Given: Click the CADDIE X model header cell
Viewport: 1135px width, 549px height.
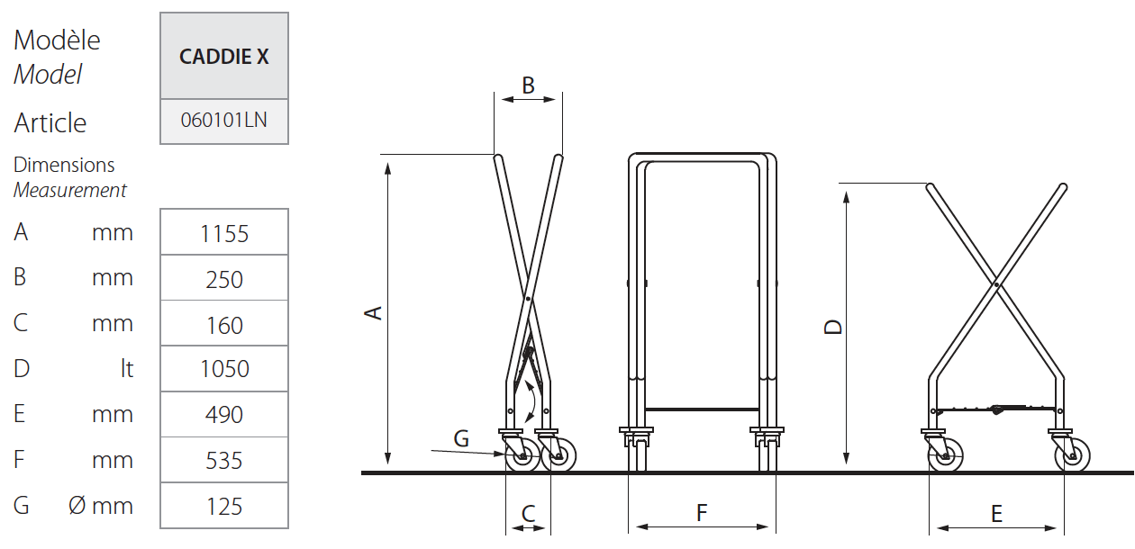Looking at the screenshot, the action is tap(224, 56).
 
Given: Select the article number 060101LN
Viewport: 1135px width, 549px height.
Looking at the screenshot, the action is tap(224, 120).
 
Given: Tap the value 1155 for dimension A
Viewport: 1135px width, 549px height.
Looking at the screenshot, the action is tap(224, 233).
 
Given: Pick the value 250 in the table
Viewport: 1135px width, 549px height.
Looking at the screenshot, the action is tap(224, 279).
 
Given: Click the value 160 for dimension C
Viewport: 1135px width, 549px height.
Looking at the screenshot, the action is tap(224, 325).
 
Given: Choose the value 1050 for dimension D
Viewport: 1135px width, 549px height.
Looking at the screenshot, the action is tap(224, 369).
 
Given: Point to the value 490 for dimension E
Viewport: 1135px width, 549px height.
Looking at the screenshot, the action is tap(224, 414).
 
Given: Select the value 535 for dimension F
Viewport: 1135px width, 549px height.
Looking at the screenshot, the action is tap(224, 461).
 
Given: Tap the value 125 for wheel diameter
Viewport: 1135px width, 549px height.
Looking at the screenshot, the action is tap(224, 507).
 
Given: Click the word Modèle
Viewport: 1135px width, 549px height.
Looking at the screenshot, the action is tap(57, 40).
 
